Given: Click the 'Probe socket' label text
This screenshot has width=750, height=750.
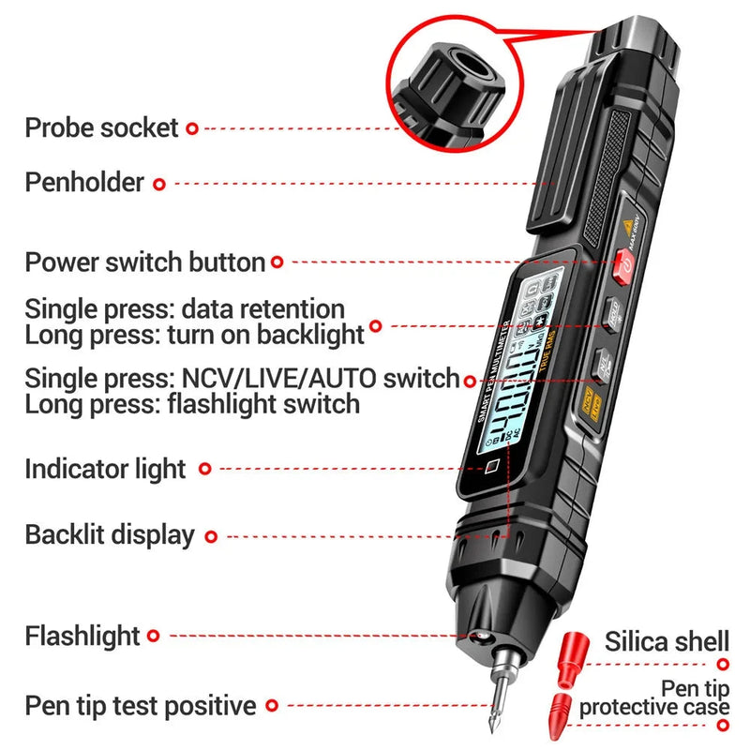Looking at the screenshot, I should pos(101,127).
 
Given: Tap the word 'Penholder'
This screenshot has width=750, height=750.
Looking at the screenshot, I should pos(84,182).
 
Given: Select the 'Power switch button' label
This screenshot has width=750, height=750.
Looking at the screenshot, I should pos(144,262).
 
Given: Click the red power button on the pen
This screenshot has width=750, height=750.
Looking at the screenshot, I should pos(622,267).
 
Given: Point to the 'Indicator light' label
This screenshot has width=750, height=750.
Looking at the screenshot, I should pos(105,468).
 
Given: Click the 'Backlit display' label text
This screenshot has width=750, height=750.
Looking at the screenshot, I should pos(110,535).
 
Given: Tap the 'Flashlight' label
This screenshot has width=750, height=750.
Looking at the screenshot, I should pos(82,636).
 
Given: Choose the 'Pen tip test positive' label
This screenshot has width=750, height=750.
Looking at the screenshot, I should pos(141,705).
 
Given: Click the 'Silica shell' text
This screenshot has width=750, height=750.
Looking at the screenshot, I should pos(667,641).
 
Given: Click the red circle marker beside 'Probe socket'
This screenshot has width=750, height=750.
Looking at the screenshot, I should pos(192,127).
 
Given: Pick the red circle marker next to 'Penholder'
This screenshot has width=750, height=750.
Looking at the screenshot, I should pos(159,184).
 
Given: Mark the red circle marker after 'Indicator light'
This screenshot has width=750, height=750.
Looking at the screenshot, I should pos(205,468).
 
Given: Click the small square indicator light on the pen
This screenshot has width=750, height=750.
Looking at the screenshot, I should pos(489,466).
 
